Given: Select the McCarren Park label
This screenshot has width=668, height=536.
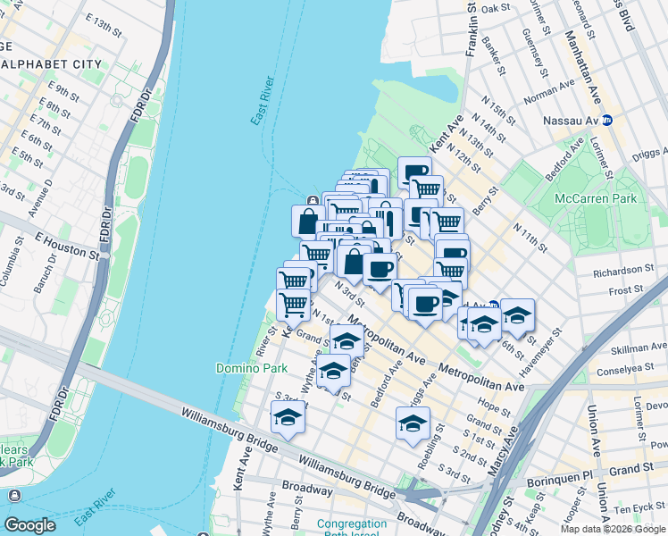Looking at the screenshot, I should (595, 198).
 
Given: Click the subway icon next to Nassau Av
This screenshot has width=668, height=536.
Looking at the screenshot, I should (607, 120).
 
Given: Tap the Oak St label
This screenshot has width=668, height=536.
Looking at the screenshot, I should (495, 9).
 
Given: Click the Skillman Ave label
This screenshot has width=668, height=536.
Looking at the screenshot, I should (639, 348).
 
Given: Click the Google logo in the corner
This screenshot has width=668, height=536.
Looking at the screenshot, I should (30, 525).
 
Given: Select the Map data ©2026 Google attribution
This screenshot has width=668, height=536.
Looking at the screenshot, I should (613, 529).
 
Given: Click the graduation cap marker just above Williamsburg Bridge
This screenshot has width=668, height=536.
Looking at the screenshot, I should (288, 417).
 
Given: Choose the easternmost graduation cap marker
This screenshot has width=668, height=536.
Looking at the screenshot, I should (517, 314).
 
